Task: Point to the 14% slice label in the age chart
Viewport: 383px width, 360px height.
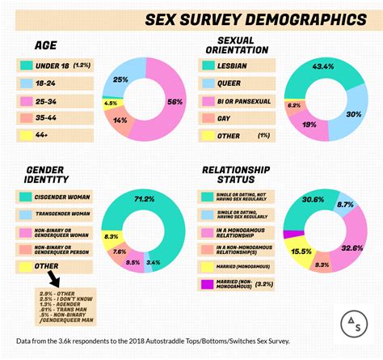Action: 120,120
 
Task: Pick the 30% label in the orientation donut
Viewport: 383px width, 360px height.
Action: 353,115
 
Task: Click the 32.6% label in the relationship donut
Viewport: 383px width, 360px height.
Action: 352,249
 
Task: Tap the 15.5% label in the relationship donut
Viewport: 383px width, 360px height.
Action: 300,252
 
